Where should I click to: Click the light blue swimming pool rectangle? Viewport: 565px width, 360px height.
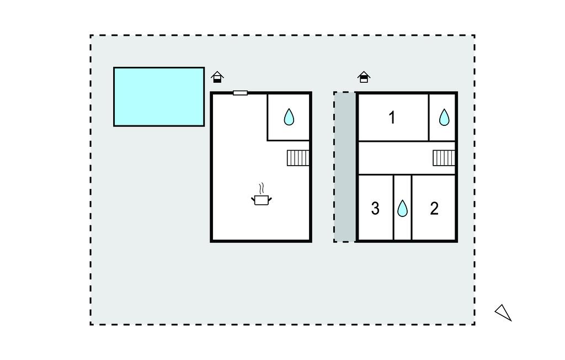point(159,97)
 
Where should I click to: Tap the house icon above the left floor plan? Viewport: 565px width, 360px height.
point(217,77)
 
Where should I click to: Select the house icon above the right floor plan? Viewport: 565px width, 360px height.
point(364,77)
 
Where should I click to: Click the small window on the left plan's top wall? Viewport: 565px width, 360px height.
point(240,93)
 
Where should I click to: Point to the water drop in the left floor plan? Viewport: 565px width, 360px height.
point(289,117)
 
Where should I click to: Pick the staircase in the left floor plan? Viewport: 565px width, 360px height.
point(298,158)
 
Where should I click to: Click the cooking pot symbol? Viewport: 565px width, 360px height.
point(262,199)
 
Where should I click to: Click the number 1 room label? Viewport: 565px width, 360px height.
point(392,118)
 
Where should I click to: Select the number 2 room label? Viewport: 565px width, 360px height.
point(434,209)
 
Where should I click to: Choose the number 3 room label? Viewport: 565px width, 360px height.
point(375,209)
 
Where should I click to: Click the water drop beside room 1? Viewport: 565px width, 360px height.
point(444,117)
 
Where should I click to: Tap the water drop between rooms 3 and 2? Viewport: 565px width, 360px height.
point(403,208)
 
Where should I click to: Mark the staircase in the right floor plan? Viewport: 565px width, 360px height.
point(444,158)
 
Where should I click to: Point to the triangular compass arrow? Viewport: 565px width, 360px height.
point(503,313)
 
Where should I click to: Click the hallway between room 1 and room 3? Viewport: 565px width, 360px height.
point(395,157)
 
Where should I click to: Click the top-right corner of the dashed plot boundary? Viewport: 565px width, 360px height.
point(475,36)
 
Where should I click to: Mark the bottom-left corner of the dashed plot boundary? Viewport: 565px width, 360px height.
point(91,324)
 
